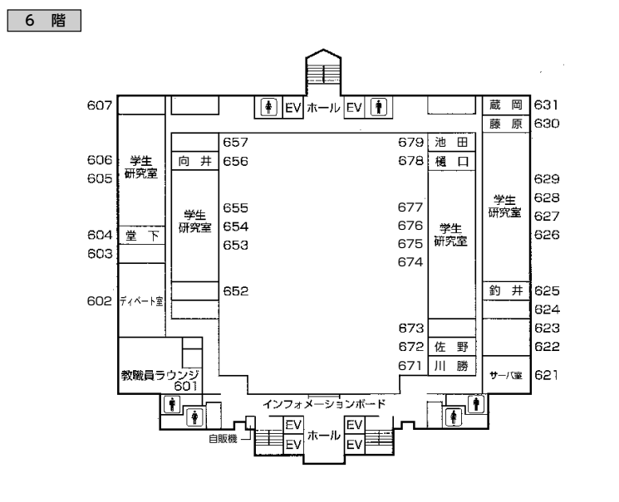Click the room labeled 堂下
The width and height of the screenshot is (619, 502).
(142, 236)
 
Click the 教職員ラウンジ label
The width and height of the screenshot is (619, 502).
(161, 375)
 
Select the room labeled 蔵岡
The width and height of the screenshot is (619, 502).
(505, 105)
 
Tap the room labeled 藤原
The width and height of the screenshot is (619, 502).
(505, 124)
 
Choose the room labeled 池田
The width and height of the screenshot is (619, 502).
(452, 143)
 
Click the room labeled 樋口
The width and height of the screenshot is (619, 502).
(452, 161)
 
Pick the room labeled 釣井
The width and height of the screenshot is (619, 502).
(505, 291)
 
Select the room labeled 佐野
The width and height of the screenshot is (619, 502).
(452, 347)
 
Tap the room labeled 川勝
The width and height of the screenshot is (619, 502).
(452, 366)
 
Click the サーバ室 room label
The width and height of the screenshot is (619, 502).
(505, 376)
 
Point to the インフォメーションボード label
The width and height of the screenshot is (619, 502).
(323, 405)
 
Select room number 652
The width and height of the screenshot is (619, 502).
(236, 291)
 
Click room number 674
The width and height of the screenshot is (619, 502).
(410, 262)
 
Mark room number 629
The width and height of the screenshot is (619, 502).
(547, 179)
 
